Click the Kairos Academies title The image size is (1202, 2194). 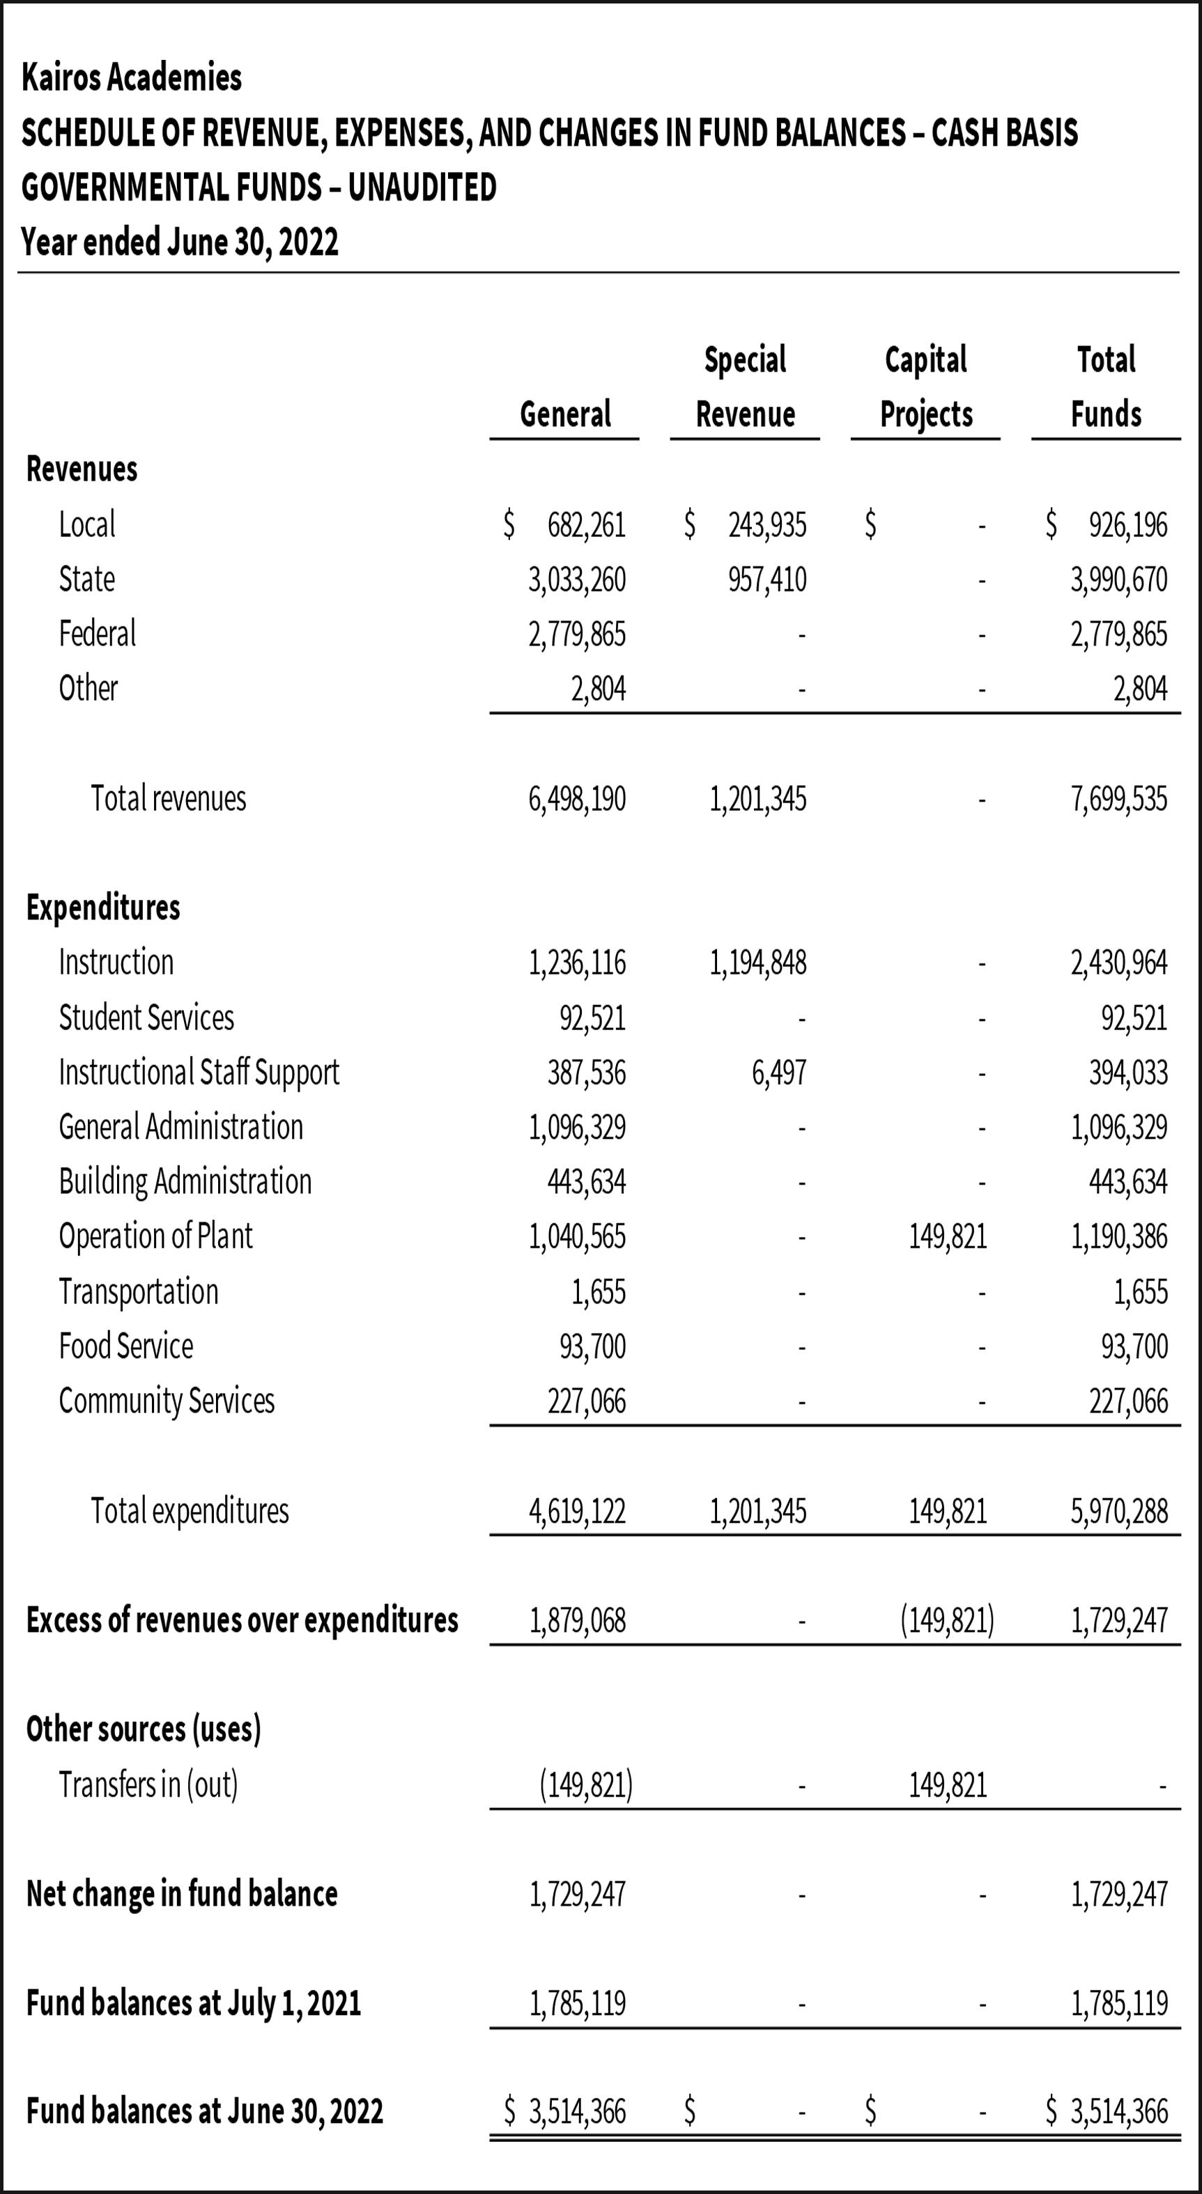pyautogui.click(x=131, y=77)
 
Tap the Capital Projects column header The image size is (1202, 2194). pyautogui.click(x=925, y=387)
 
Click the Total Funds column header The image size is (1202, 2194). pyautogui.click(x=1106, y=387)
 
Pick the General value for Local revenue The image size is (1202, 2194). pyautogui.click(x=586, y=524)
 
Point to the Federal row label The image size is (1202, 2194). pyautogui.click(x=97, y=634)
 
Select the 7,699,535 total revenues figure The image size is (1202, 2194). pyautogui.click(x=1118, y=799)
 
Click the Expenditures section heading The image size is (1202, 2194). pyautogui.click(x=103, y=908)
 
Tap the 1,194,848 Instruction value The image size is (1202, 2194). pyautogui.click(x=757, y=963)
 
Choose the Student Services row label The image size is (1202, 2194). pyautogui.click(x=146, y=1018)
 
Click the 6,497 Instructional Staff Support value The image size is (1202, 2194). pyautogui.click(x=778, y=1073)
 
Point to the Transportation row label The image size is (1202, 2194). pyautogui.click(x=138, y=1291)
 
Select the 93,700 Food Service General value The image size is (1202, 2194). pyautogui.click(x=592, y=1346)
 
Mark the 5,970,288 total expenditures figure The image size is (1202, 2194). pyautogui.click(x=1118, y=1511)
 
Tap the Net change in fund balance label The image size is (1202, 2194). pyautogui.click(x=181, y=1893)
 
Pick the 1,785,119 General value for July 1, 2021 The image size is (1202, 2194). pyautogui.click(x=578, y=2003)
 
